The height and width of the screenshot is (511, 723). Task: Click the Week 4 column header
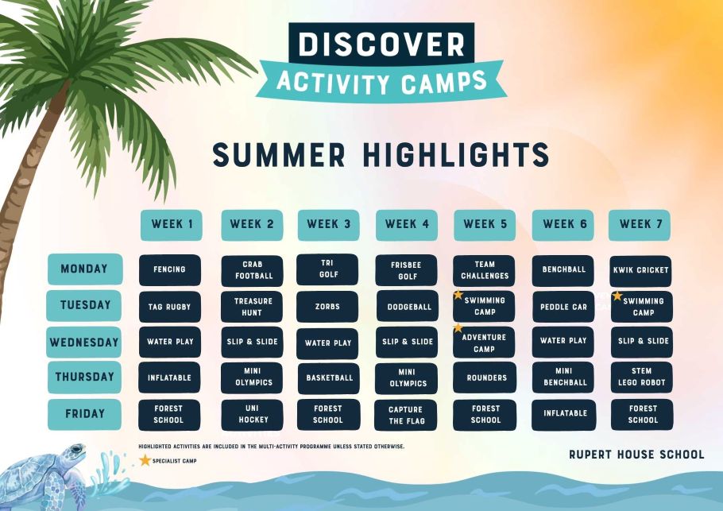[x=406, y=225]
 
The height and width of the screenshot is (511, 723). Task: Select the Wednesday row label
[x=84, y=343]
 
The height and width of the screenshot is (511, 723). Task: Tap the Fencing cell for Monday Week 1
[x=170, y=269]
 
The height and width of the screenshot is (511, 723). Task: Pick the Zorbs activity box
[x=327, y=306]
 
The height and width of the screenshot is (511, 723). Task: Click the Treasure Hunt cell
[x=252, y=307]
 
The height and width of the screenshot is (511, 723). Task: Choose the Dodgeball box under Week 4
[x=408, y=306]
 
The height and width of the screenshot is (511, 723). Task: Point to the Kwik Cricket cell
[x=640, y=271]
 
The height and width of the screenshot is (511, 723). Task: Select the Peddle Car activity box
[x=563, y=307]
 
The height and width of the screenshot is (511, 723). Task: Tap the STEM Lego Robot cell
[x=642, y=377]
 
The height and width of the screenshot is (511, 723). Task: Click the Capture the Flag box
[x=406, y=415]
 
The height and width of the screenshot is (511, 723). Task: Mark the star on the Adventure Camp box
[x=458, y=328]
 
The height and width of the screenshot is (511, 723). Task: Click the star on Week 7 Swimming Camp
[x=617, y=296]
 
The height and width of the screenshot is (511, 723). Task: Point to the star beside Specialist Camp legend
[x=145, y=460]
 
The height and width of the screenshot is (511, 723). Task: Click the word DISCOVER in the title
[x=382, y=45]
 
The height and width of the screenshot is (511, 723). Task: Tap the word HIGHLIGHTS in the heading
[x=456, y=154]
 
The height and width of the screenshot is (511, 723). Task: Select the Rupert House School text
[x=636, y=455]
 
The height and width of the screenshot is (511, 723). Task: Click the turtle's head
[x=74, y=452]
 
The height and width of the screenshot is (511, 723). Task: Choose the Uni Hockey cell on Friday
[x=252, y=415]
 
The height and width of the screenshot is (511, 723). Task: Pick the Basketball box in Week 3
[x=329, y=378]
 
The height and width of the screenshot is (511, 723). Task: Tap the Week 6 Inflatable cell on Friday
[x=564, y=415]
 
